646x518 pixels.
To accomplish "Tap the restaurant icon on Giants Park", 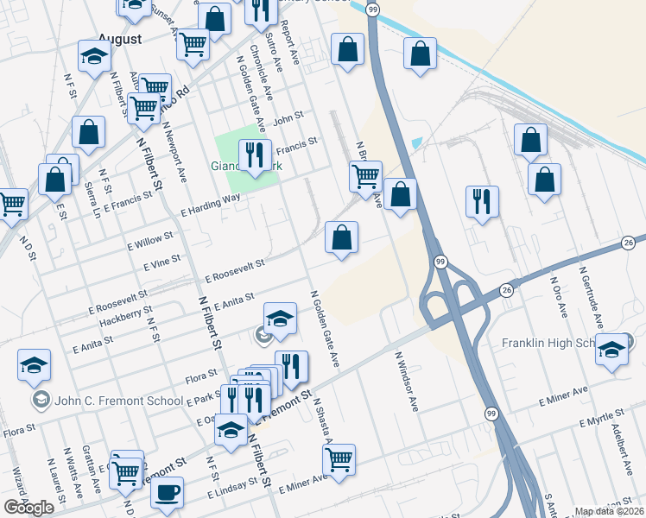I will tap(254, 155).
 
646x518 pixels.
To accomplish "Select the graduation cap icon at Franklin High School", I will tap(612, 350).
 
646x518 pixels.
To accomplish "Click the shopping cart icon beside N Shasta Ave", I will tap(338, 458).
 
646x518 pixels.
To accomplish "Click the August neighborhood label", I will tap(119, 39).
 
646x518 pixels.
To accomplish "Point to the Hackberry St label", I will tap(126, 315).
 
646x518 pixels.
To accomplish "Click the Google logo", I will tap(28, 507).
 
